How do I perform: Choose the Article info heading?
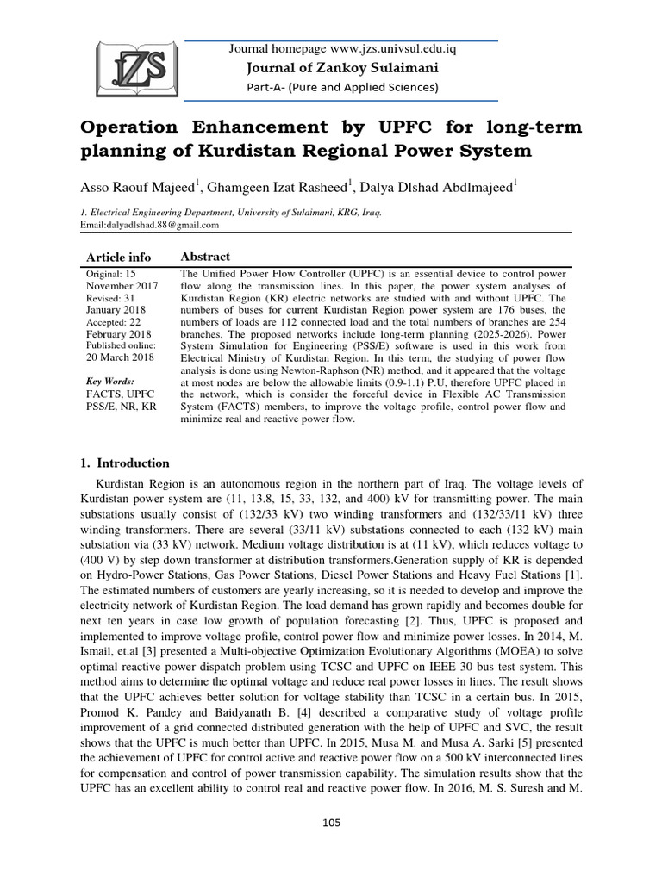(x=119, y=258)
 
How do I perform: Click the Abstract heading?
(x=204, y=257)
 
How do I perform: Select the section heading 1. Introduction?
(x=125, y=463)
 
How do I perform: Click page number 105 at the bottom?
(x=331, y=823)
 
